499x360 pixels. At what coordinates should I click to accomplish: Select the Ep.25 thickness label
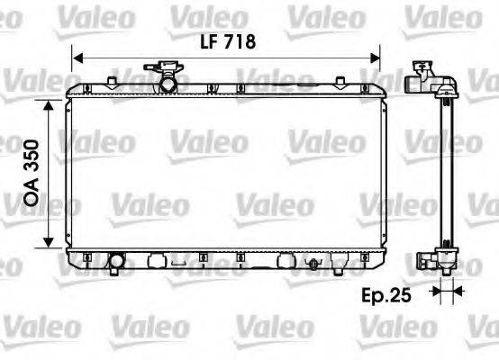386,293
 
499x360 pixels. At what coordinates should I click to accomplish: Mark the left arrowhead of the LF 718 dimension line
76,55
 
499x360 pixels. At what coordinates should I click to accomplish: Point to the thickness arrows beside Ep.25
441,291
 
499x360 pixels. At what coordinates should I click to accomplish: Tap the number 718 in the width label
239,41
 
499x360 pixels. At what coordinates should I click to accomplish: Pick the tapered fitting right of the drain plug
339,265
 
